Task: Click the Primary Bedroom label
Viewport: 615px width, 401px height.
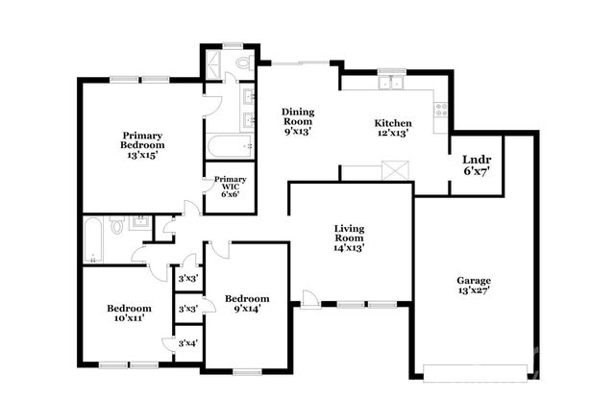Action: click(x=140, y=144)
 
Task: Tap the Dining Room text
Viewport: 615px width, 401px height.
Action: click(x=298, y=121)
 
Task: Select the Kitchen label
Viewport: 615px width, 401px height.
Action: click(x=393, y=123)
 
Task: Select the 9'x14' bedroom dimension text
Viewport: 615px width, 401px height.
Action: click(x=247, y=309)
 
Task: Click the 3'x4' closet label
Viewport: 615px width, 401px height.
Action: click(x=187, y=344)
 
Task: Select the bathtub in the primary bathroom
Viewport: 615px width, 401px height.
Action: click(x=229, y=147)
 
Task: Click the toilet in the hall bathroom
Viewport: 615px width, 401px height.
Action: click(x=116, y=228)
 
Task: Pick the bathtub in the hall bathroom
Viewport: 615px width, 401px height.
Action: click(x=93, y=239)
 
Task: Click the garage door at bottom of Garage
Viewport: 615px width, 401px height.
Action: click(x=476, y=367)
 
